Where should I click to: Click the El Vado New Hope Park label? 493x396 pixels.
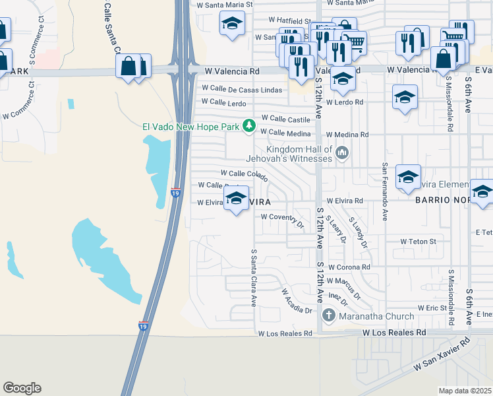(191, 126)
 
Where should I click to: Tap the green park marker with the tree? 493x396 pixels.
(248, 125)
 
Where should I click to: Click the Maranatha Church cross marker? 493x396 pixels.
(328, 316)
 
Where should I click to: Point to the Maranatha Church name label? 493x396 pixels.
(376, 316)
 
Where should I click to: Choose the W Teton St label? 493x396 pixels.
(419, 242)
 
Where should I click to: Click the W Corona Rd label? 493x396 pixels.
(348, 267)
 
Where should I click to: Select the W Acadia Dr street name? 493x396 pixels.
(296, 300)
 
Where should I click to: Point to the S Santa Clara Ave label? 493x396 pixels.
(253, 277)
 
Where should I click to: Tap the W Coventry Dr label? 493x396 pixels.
(282, 216)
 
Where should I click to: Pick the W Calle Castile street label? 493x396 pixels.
(285, 119)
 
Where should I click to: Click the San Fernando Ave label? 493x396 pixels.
(385, 192)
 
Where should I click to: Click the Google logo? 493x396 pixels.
(22, 388)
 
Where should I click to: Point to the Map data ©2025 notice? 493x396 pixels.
(465, 391)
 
